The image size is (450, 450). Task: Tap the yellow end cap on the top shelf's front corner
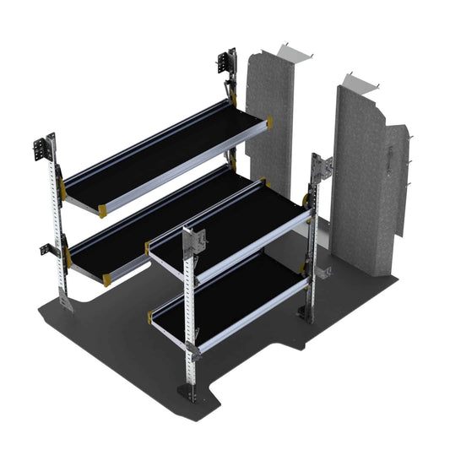pyautogui.click(x=102, y=208)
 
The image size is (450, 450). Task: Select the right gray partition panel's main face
pyautogui.click(x=359, y=177)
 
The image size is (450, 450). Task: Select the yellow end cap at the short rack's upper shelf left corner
pyautogui.click(x=152, y=247)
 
